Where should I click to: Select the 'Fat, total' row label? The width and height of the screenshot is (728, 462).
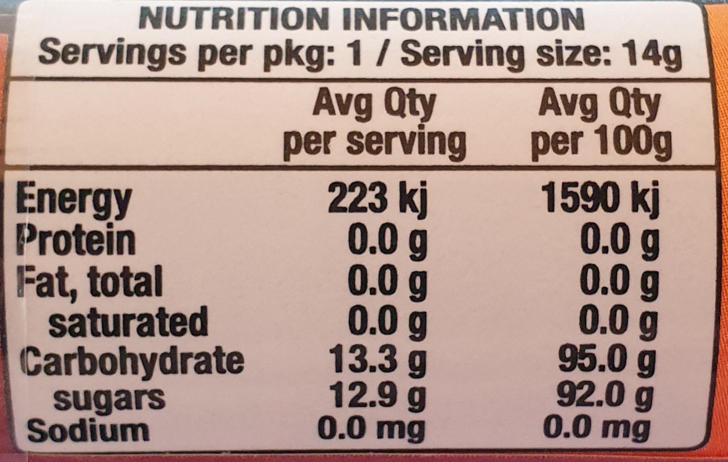point(89,281)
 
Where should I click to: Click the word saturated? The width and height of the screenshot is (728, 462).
point(128,322)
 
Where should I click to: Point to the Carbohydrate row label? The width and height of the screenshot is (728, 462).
point(132,361)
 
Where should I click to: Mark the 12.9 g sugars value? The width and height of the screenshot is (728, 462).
point(377,397)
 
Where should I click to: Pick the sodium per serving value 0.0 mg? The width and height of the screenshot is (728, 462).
point(371,429)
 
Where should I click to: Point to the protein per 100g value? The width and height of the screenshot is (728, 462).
point(619,240)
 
